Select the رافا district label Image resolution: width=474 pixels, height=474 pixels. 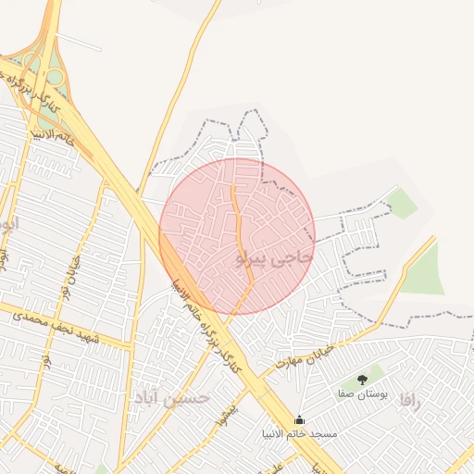coord(412,401)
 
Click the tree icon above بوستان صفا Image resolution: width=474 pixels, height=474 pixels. coord(362,380)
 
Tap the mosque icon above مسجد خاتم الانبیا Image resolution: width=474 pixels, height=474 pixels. coord(298,419)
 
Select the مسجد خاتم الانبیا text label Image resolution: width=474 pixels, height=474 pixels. coord(299,433)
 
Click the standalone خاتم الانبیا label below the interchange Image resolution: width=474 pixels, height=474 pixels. coord(53,136)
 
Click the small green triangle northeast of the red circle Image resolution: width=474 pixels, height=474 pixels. coord(403,203)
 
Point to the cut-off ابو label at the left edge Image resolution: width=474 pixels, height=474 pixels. coord(6,225)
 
